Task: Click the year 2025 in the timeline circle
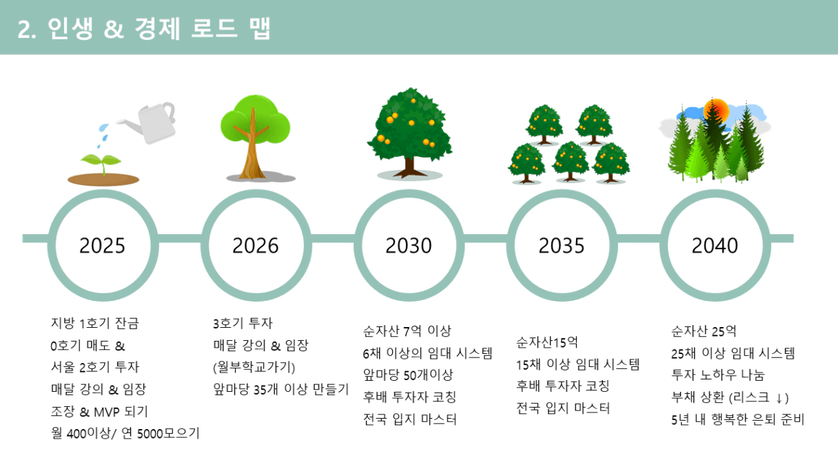tap(102, 246)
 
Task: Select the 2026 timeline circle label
tap(256, 246)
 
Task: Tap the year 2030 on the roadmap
tap(409, 246)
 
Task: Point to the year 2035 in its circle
tap(562, 246)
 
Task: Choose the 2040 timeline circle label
tap(715, 246)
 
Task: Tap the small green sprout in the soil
tap(101, 163)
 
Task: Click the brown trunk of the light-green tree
tap(252, 149)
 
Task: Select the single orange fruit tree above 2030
tap(409, 133)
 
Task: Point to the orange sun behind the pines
tap(717, 111)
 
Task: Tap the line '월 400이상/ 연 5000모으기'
tap(125, 434)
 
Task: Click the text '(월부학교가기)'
tap(254, 368)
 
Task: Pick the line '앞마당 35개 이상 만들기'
tap(281, 390)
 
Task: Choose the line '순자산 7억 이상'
tap(407, 331)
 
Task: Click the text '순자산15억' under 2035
tap(547, 342)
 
